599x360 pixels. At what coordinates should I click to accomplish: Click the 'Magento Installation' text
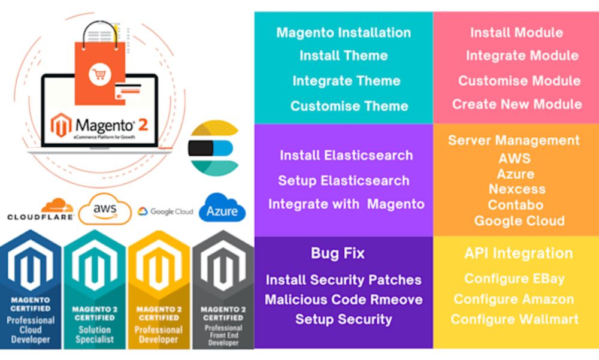[x=343, y=33]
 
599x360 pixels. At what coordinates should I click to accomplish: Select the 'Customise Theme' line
[x=349, y=106]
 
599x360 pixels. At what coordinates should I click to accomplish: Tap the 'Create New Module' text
[x=516, y=104]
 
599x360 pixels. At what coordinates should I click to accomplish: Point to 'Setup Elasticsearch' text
[x=343, y=181]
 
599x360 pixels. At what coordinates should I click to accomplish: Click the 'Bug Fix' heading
[x=337, y=253]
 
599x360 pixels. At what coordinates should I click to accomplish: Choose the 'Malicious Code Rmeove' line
[x=343, y=300]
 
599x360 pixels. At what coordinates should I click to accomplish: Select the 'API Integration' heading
[x=518, y=253]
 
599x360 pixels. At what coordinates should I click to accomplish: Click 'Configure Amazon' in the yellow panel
[x=513, y=300]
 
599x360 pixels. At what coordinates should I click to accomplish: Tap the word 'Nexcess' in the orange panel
[x=517, y=189]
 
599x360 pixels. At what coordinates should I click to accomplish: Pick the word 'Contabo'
[x=516, y=205]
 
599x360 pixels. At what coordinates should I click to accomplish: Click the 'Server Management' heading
[x=513, y=141]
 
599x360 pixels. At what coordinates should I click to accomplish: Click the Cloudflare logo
[x=41, y=210]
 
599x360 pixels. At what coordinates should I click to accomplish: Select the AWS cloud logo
[x=105, y=209]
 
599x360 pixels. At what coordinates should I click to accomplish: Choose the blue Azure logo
[x=222, y=209]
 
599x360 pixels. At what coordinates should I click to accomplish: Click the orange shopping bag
[x=99, y=63]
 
